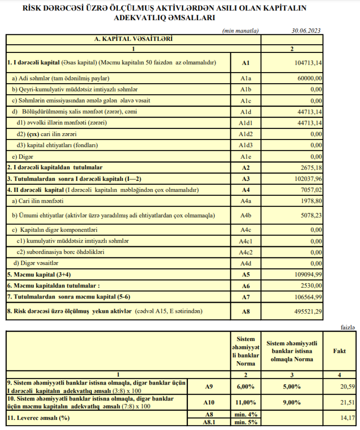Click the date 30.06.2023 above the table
point(306,31)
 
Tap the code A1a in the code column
point(246,78)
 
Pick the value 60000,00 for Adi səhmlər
point(309,78)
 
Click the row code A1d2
point(246,134)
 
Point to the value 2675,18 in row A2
point(311,167)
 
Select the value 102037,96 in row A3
point(307,179)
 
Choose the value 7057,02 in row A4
point(311,190)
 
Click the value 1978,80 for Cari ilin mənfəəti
point(311,201)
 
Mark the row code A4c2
point(246,252)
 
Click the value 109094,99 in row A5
point(307,275)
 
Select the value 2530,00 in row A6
point(311,286)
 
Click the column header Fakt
point(339,351)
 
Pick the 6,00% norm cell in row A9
point(246,387)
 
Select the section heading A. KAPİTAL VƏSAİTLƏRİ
point(133,39)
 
